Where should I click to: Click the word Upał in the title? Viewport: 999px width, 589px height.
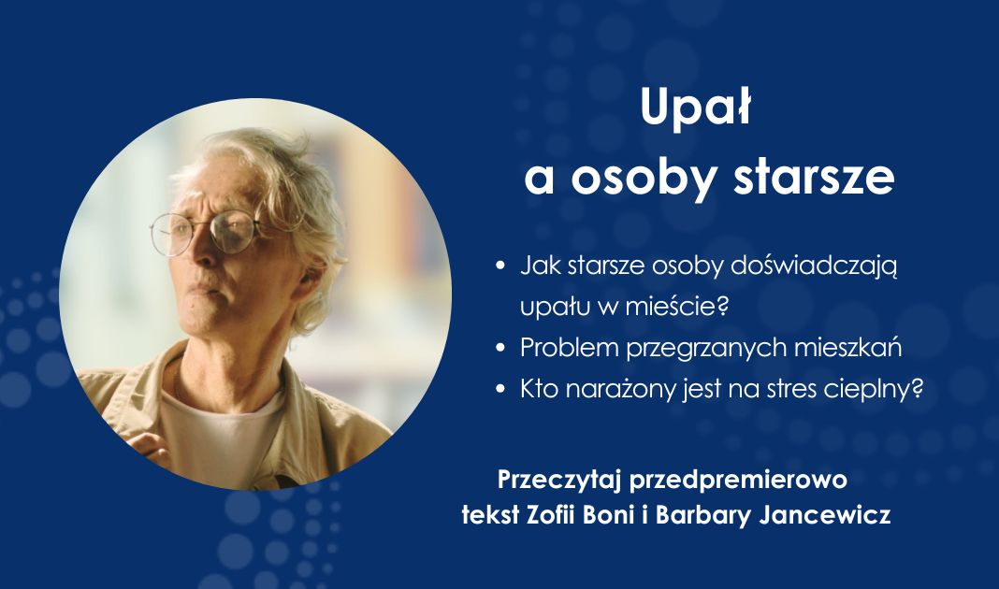click(697, 110)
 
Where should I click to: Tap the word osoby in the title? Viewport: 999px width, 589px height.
click(643, 179)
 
